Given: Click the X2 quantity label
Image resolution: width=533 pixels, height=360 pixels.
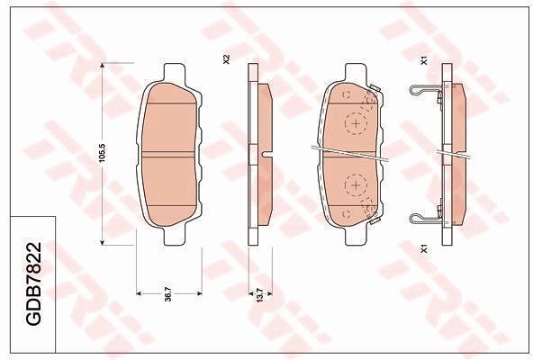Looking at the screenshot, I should pos(226,59).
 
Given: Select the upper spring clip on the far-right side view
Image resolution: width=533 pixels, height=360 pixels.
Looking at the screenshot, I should pos(425,91).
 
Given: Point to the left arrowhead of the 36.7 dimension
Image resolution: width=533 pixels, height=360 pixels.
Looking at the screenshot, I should pos(138,293).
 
